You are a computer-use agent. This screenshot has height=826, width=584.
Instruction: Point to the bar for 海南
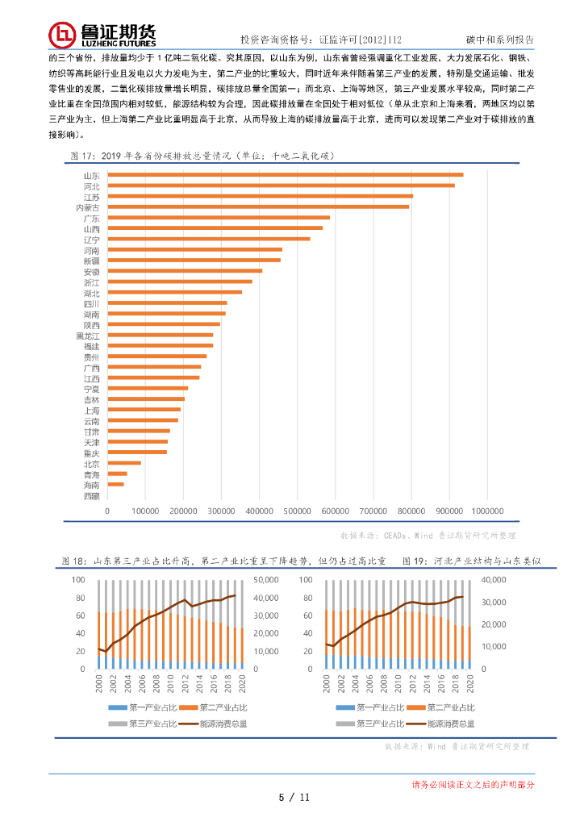[x=115, y=484]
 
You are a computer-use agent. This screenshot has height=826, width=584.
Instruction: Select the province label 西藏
[x=91, y=495]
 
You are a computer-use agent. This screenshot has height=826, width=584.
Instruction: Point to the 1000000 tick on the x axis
[x=487, y=511]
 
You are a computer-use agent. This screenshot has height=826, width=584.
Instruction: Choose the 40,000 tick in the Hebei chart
[x=493, y=580]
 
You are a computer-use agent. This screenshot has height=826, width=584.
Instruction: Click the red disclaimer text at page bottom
[x=473, y=784]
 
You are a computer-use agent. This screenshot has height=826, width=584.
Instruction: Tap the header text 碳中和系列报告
[x=499, y=39]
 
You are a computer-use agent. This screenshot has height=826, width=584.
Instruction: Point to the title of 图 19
[x=470, y=560]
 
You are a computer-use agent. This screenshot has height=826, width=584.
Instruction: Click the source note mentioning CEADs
[x=439, y=535]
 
